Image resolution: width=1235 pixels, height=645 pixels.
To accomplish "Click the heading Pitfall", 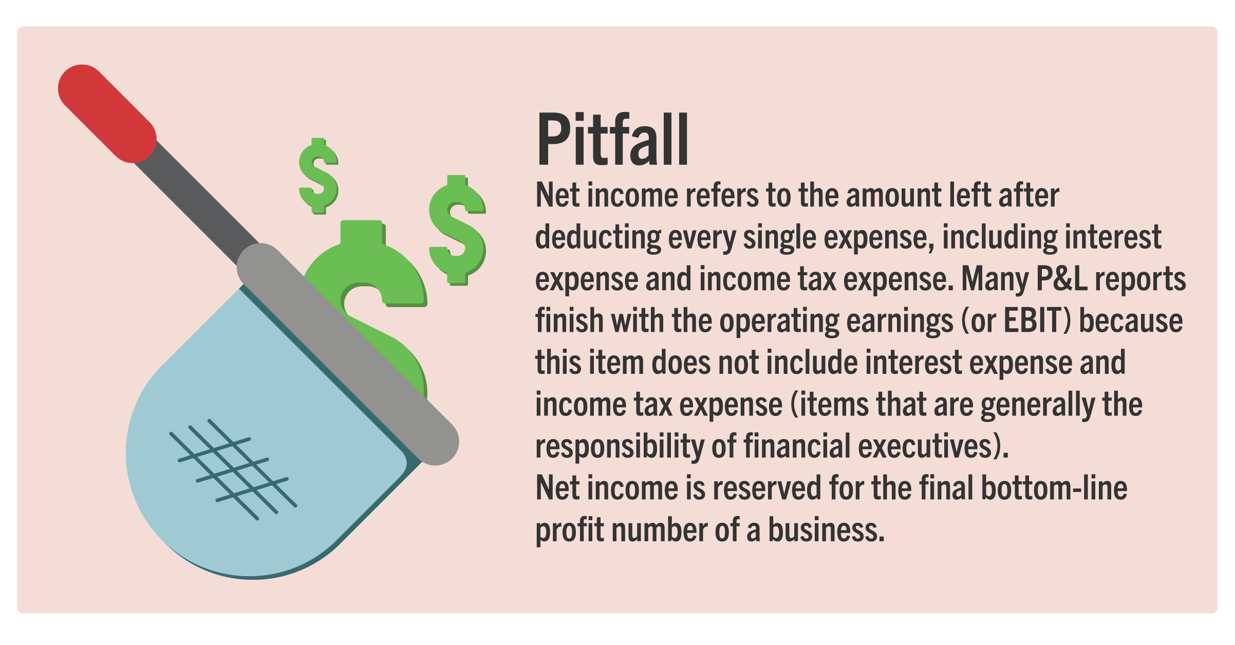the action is [612, 139].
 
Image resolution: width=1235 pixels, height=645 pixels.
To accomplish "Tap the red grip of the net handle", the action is [107, 113].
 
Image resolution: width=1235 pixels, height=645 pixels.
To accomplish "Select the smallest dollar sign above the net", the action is [319, 176].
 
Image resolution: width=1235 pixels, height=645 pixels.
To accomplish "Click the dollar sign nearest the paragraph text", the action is [457, 230].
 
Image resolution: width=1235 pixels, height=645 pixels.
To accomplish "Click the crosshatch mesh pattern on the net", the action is [234, 469].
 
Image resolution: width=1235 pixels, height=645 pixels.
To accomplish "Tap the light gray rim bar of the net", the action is [348, 354].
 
